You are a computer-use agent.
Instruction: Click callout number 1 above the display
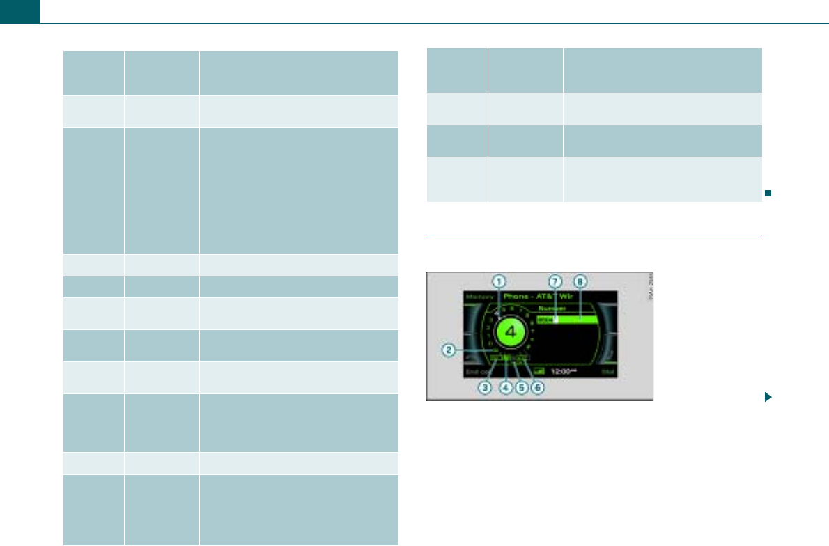click(498, 281)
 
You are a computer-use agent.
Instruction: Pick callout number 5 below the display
click(520, 388)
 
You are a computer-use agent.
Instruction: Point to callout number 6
click(537, 388)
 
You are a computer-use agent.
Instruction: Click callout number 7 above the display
click(555, 281)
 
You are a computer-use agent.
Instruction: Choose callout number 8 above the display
click(580, 281)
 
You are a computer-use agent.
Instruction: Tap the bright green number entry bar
click(568, 320)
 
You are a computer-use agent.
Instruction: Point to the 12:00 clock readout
click(561, 372)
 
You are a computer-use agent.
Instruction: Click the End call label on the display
click(477, 373)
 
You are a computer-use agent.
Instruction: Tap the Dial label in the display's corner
click(607, 373)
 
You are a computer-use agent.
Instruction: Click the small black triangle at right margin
click(768, 397)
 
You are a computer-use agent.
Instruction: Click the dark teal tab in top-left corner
click(20, 10)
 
